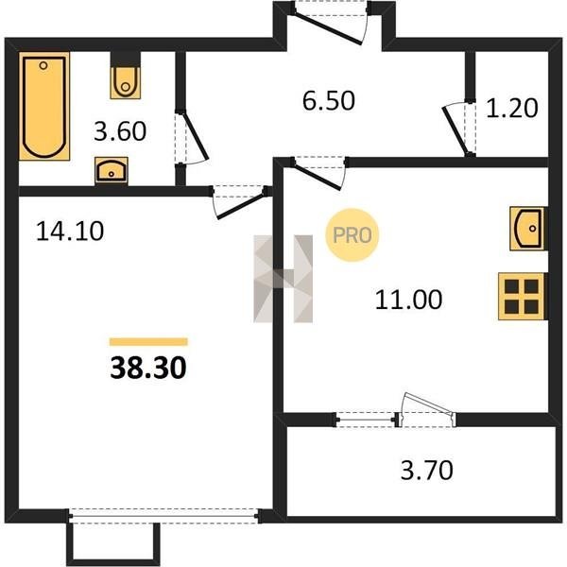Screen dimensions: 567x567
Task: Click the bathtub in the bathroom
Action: coord(44,106)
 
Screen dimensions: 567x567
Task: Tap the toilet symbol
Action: coord(126,82)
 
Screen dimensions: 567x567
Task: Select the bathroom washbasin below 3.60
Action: coord(112,170)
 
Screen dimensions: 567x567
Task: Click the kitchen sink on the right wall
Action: coord(528,229)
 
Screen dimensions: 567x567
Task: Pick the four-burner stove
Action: coord(523,297)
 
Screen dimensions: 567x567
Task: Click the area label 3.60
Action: coord(120,131)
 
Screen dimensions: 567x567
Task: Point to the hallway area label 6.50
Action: coord(329,101)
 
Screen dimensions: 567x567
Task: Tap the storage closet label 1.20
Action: coord(512,108)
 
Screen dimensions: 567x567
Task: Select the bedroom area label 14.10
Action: coord(70,232)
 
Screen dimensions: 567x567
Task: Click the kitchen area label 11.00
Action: coord(408,300)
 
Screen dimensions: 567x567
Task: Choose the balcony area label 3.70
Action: coord(427,470)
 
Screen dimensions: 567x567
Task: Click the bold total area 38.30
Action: coord(148,368)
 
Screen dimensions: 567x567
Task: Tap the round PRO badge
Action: coord(352,235)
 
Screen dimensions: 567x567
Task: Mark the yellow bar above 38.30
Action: coord(148,342)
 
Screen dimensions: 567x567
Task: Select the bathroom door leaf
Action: coord(196,136)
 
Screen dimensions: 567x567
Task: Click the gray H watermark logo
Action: coord(283,279)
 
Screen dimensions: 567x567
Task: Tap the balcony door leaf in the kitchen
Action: coord(427,404)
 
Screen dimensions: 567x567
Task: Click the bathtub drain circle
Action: coord(43,65)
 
